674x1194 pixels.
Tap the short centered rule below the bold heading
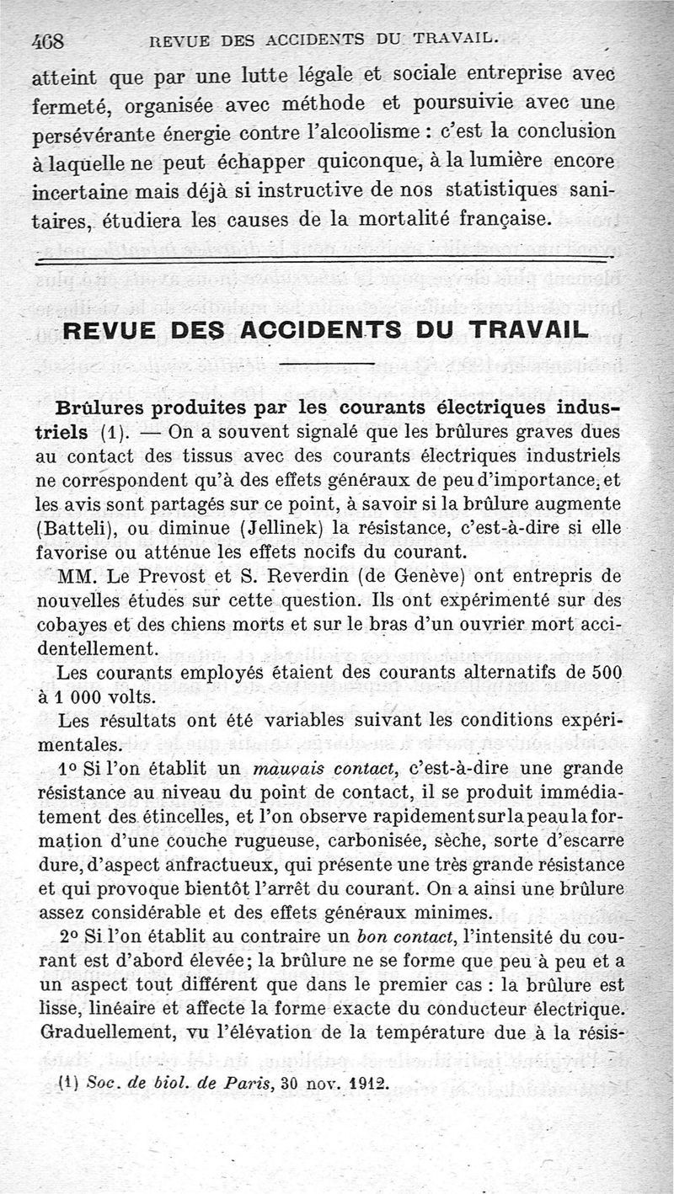click(x=325, y=365)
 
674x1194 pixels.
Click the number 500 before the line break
click(x=605, y=674)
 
